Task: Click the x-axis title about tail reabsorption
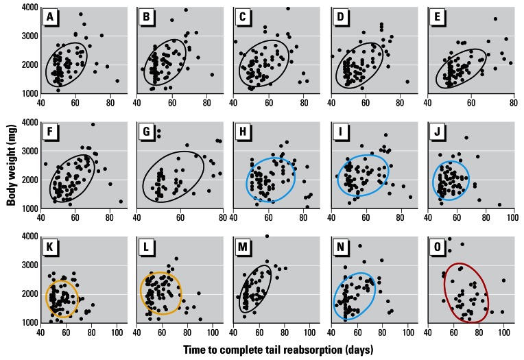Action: pos(277,349)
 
